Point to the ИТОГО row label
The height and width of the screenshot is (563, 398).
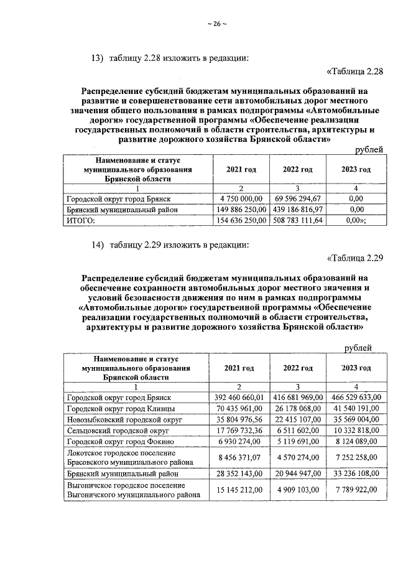coord(80,220)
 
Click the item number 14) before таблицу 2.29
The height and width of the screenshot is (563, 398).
coord(97,244)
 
